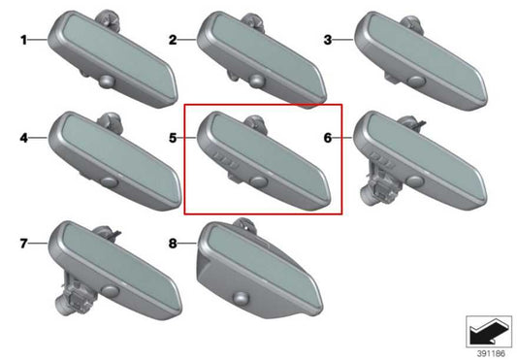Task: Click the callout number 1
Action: pos(23,40)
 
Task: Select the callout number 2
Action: pos(173,40)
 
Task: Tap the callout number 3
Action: pos(328,40)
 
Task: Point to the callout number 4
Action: pos(23,138)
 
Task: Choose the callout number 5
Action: pos(173,138)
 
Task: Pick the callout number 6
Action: pos(328,138)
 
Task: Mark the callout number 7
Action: pos(23,244)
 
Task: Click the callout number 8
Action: pos(173,244)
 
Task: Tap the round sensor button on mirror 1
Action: pos(107,82)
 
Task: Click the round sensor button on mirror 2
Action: pos(256,82)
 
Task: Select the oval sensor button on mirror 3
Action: pos(416,81)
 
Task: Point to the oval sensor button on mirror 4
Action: pos(111,182)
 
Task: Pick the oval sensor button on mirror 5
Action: pos(259,181)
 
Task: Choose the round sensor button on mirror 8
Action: pos(240,298)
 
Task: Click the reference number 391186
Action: pos(491,354)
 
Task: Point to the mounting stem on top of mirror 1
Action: pos(109,18)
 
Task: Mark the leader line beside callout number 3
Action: pos(343,40)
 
